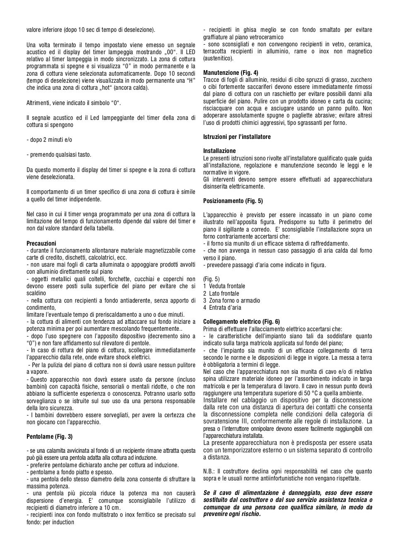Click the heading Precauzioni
point(41,244)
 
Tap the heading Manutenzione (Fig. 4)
point(231,73)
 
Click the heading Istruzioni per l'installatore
point(237,137)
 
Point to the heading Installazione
point(219,151)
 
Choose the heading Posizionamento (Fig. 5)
point(233,201)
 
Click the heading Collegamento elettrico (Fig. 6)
point(241,322)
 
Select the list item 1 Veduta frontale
point(224,286)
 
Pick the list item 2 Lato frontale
point(221,294)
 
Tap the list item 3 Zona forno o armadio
point(231,301)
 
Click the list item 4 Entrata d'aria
point(222,308)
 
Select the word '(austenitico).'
point(218,58)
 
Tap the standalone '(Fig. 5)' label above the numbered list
point(211,279)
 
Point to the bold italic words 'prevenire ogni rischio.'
point(232,514)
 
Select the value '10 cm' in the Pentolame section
point(113,508)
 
